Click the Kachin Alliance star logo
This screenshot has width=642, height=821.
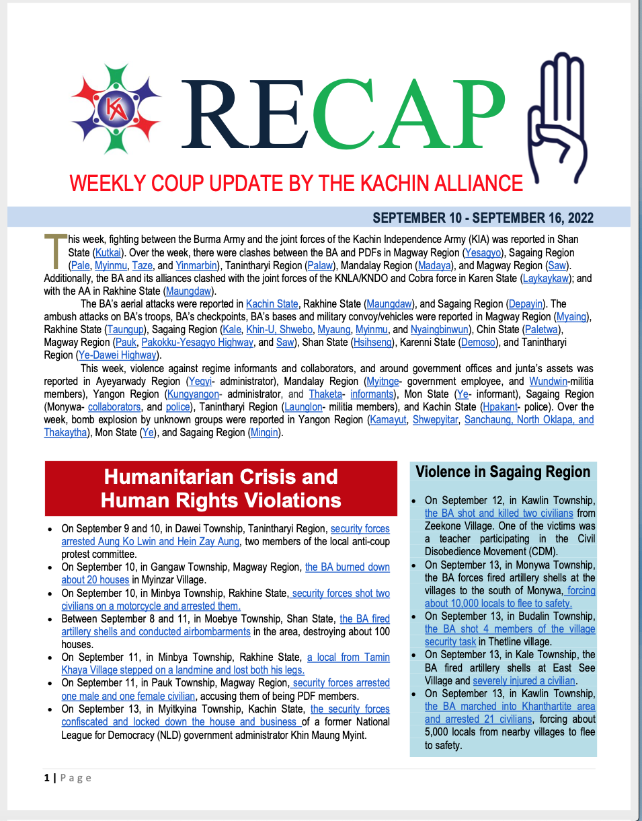116,109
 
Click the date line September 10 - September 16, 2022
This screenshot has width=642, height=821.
483,218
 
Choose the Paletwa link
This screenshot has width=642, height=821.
547,330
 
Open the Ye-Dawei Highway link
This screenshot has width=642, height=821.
119,355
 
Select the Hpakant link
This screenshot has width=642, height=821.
504,406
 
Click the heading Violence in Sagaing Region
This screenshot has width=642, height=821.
503,472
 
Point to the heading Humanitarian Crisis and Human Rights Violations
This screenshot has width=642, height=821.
221,489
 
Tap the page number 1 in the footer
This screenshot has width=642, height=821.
47,778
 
